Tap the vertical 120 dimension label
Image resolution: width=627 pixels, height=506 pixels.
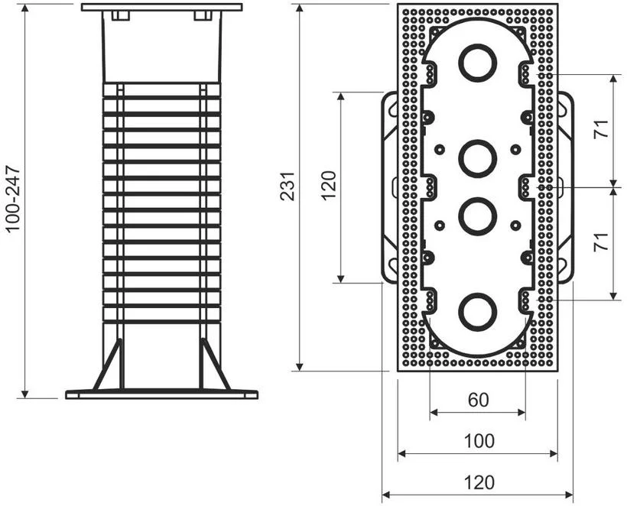point(328,187)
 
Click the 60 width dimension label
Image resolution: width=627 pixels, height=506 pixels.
point(478,401)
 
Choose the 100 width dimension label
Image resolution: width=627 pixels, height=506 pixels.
point(478,441)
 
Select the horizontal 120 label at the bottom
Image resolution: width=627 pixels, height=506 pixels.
point(478,482)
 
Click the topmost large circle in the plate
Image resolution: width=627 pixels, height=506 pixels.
point(477,63)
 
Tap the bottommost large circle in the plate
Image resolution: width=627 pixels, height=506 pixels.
point(477,310)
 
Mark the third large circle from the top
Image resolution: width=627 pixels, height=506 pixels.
point(477,216)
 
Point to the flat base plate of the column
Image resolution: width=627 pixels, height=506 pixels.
point(161,394)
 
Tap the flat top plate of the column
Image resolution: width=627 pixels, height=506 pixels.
point(161,7)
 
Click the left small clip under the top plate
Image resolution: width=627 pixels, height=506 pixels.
point(120,16)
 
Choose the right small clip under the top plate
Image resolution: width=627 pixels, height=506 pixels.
point(203,16)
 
